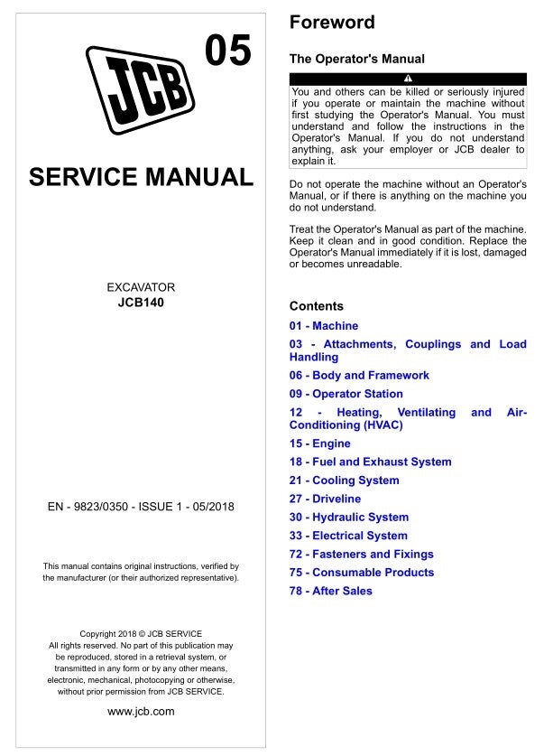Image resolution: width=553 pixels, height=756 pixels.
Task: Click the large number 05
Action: click(228, 52)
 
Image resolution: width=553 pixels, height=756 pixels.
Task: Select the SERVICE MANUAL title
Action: click(141, 177)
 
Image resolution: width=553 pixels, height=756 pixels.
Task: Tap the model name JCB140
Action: click(141, 303)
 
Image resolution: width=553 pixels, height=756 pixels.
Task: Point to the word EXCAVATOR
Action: click(141, 288)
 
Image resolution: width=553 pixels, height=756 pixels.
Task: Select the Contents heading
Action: click(316, 306)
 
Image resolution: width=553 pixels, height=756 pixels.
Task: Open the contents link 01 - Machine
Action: click(323, 326)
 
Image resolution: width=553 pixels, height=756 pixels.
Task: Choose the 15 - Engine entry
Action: click(319, 443)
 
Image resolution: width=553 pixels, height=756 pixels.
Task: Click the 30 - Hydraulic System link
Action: click(348, 518)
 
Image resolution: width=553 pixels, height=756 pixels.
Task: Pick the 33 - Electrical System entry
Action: click(348, 536)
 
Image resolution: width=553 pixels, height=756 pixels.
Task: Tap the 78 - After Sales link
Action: click(330, 592)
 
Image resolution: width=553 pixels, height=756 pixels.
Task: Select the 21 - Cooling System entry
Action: click(344, 481)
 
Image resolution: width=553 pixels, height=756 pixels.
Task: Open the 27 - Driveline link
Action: click(325, 499)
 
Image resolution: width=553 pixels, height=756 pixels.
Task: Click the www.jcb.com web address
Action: click(141, 711)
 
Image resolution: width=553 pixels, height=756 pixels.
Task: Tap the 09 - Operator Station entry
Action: click(346, 394)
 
